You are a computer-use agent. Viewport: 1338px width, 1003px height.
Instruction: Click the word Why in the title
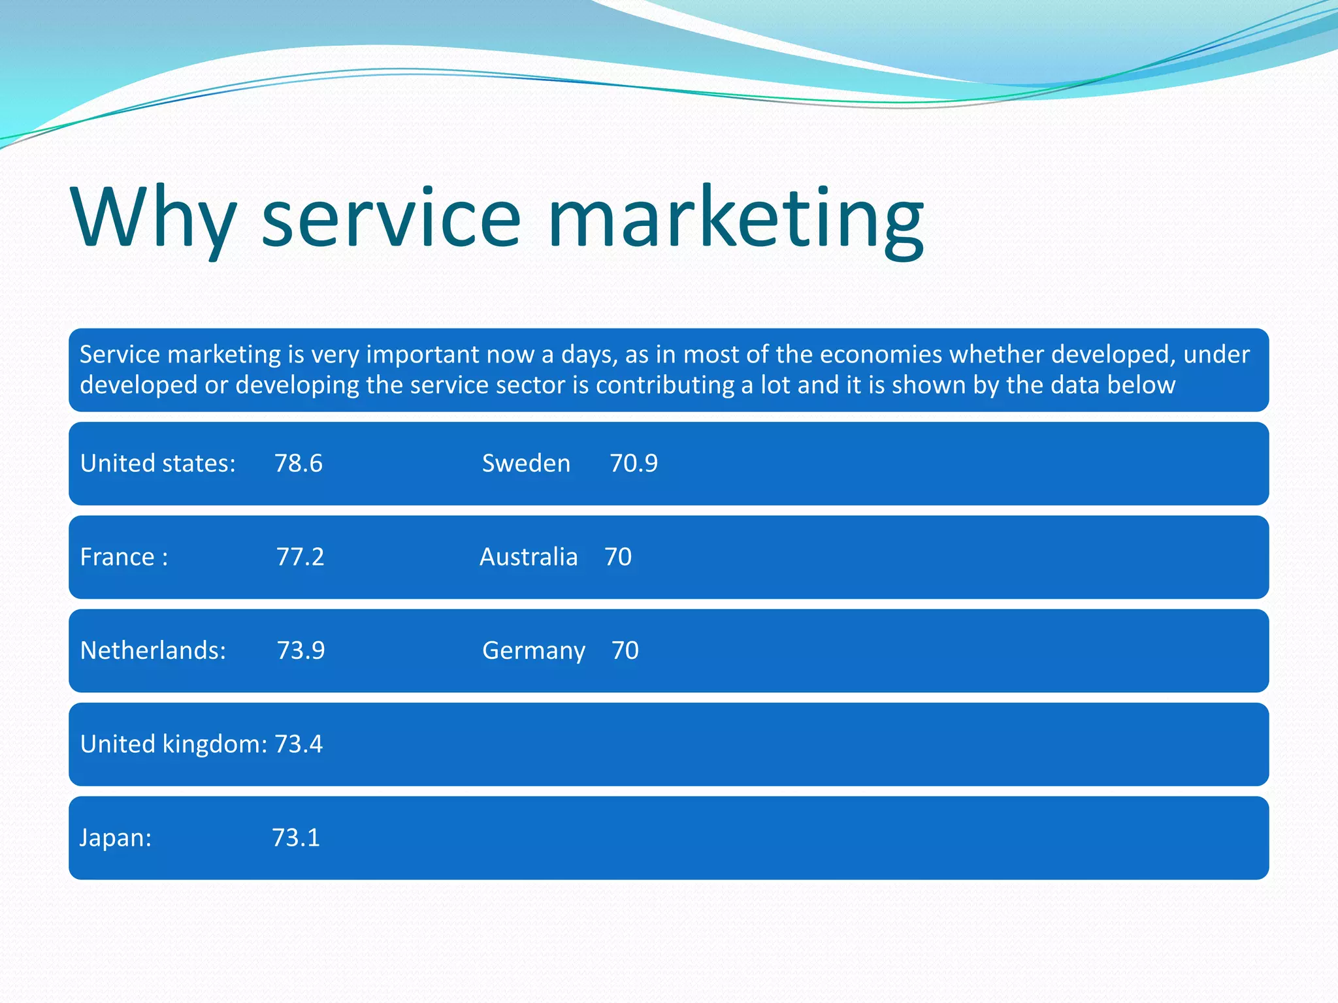click(x=154, y=219)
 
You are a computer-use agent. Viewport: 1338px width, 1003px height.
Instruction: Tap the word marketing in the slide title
click(x=735, y=219)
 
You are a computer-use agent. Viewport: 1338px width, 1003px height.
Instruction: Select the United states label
click(x=157, y=463)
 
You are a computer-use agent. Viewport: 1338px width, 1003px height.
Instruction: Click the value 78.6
click(x=299, y=463)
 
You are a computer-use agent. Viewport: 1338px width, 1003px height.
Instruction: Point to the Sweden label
click(x=526, y=463)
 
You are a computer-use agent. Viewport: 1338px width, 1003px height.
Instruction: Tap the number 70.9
click(x=634, y=463)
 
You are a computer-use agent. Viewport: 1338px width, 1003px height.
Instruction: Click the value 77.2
click(x=300, y=557)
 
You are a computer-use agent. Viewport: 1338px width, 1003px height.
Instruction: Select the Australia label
click(x=529, y=557)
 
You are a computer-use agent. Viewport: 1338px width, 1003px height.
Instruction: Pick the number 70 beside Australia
click(x=618, y=557)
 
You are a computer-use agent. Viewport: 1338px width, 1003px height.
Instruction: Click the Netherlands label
click(x=153, y=650)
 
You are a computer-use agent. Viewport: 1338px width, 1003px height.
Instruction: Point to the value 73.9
click(x=301, y=650)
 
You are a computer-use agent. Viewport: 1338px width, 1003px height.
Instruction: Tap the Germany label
click(x=534, y=651)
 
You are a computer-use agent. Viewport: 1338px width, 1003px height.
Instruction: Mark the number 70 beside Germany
click(x=625, y=650)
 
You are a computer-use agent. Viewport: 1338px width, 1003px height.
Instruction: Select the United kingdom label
click(x=173, y=744)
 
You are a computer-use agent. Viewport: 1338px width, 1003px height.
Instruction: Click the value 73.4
click(x=299, y=744)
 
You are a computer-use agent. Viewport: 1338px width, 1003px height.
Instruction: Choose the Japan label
click(x=116, y=838)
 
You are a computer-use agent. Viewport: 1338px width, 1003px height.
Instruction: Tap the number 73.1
click(x=296, y=838)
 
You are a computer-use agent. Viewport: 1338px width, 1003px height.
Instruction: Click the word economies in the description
click(x=880, y=354)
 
